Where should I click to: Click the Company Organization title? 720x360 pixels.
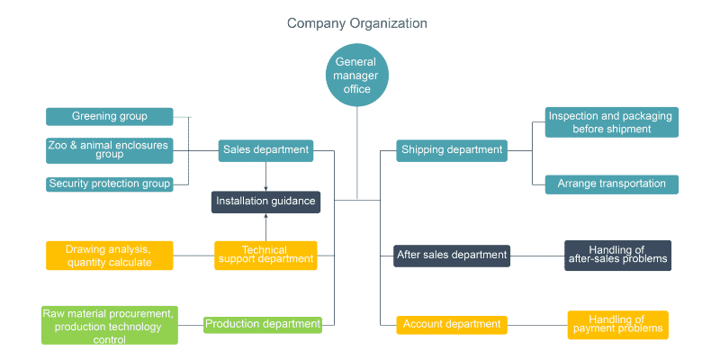357,22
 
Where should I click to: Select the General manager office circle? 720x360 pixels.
357,76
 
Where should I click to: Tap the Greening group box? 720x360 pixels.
109,116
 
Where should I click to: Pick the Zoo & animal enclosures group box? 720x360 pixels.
109,149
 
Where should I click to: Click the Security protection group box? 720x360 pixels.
109,184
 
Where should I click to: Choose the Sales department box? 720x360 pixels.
265,150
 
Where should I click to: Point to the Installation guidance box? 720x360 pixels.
265,202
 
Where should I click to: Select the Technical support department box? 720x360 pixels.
265,255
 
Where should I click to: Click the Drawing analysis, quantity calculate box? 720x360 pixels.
109,256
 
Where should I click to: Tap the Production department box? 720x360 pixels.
262,324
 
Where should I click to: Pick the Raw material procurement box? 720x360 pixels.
109,325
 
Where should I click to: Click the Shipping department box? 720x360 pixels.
452,150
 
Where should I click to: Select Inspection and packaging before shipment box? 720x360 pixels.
612,122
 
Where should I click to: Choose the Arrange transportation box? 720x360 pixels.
612,184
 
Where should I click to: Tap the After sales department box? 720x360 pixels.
452,255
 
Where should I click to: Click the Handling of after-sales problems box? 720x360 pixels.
617,255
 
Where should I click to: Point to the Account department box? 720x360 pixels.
452,324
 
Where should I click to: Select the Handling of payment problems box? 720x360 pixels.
617,324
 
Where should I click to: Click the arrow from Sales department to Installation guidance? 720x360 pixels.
265,176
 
